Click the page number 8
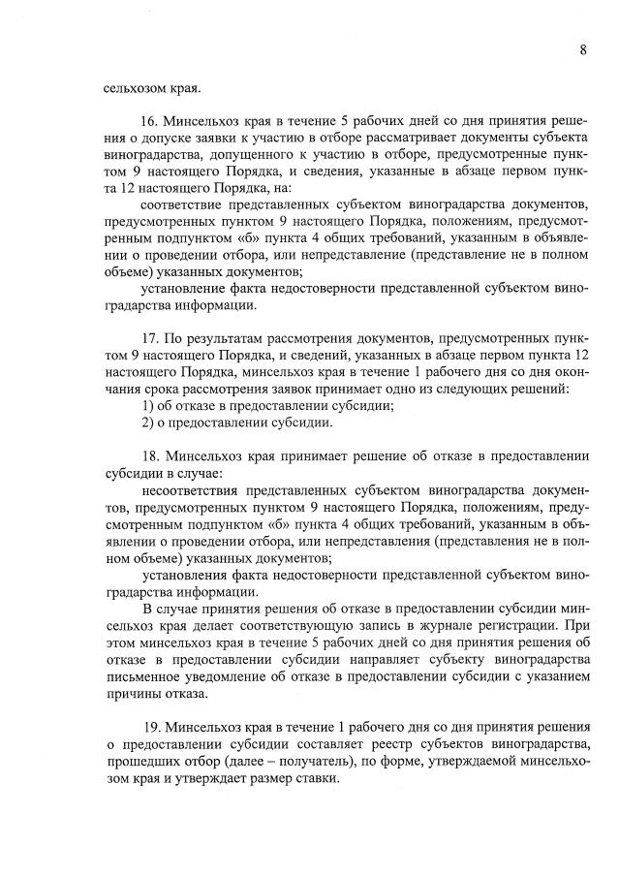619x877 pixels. [583, 51]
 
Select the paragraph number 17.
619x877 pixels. [149, 341]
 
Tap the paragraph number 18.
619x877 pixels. [149, 454]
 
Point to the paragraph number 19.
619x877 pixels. [149, 726]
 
